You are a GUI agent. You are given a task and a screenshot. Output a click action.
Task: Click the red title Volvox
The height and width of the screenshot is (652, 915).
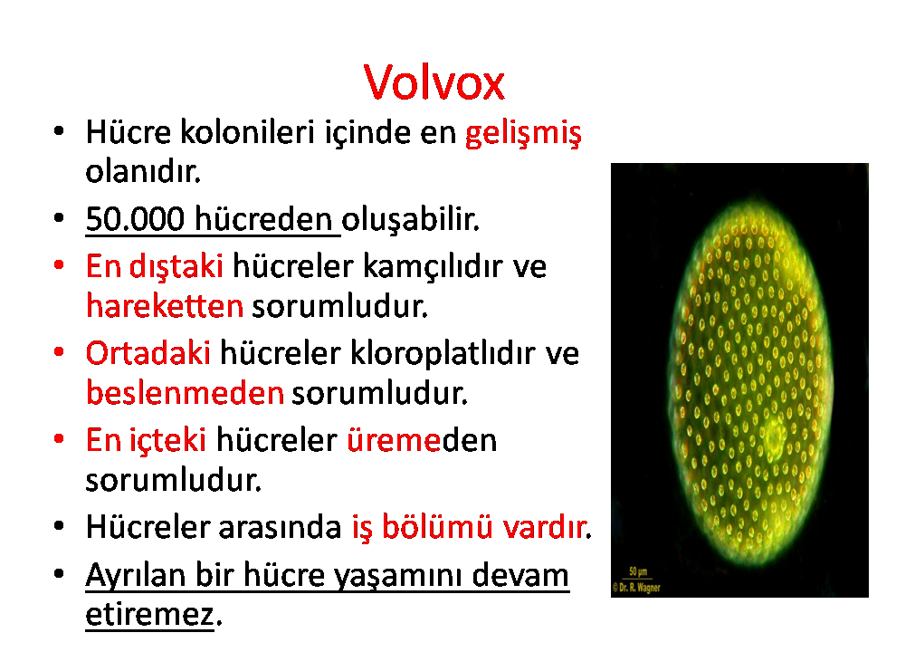(x=434, y=82)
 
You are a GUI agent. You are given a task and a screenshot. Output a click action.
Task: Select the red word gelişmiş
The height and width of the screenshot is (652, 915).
(x=523, y=134)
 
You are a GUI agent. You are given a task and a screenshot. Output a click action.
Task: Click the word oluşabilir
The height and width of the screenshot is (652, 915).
(x=410, y=220)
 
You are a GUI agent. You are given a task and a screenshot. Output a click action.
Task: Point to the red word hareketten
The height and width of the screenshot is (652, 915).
(x=165, y=306)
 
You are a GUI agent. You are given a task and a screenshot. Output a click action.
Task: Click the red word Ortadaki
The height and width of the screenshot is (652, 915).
(x=148, y=353)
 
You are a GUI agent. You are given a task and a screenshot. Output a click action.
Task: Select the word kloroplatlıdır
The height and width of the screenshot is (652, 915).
(x=443, y=354)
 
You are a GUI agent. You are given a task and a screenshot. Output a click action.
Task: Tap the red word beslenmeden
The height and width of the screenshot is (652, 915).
(x=185, y=392)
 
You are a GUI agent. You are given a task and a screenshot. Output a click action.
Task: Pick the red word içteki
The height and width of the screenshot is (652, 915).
(x=167, y=441)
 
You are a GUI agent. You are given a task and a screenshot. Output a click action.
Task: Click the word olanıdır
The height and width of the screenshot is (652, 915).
(x=143, y=172)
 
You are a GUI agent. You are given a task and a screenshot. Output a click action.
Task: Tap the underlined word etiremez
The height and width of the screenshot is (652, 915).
(x=150, y=614)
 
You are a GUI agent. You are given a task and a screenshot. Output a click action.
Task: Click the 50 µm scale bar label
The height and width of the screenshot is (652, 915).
(x=638, y=571)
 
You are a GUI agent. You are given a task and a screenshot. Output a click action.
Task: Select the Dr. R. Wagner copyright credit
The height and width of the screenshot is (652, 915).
(x=636, y=588)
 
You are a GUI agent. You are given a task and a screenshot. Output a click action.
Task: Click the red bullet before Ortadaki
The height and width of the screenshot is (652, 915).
(x=58, y=352)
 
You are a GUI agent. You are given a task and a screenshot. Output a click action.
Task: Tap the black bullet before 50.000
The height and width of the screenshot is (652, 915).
(x=58, y=218)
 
